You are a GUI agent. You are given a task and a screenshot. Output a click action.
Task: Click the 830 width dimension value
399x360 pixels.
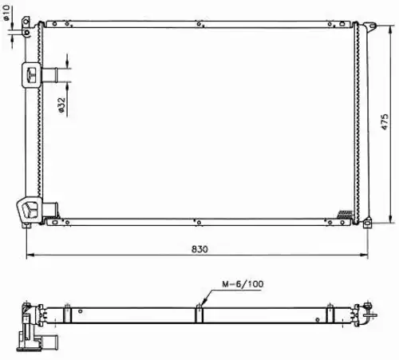click(199, 249)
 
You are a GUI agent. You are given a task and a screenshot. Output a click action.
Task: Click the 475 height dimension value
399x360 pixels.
click(385, 122)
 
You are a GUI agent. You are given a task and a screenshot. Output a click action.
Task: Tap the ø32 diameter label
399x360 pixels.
click(61, 105)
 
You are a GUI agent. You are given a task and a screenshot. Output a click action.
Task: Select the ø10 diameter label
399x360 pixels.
click(6, 13)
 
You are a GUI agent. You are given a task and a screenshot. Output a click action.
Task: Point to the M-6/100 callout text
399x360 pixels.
click(243, 284)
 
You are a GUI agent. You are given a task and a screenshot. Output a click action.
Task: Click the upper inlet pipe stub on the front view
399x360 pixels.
click(49, 75)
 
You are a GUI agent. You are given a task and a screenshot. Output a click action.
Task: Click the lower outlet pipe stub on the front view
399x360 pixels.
click(50, 209)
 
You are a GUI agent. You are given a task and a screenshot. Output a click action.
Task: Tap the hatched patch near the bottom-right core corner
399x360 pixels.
click(345, 215)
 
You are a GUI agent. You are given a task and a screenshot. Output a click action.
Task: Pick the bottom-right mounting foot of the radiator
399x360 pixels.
click(368, 223)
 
